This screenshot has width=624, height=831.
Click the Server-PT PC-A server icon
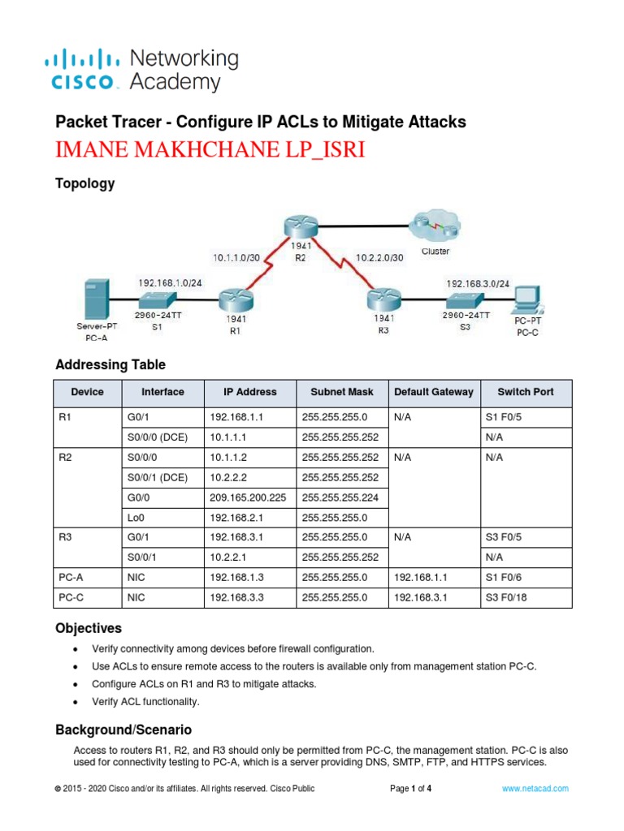97,299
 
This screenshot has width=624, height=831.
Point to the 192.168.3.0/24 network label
478,283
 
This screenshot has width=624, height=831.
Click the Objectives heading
89,628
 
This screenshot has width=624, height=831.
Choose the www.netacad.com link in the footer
535,788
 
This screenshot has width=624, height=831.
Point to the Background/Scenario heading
123,729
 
